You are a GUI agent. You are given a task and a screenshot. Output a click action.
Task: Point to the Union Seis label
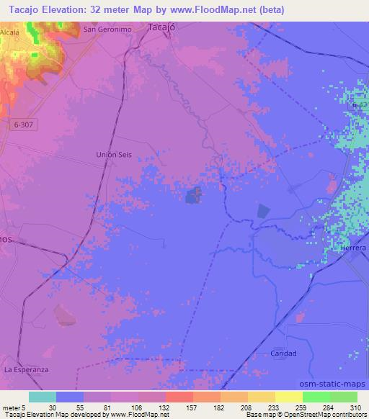[x=114, y=155]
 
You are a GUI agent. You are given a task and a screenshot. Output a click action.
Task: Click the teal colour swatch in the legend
[x=42, y=397]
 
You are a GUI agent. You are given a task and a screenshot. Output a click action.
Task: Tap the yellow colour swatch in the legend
[x=288, y=397]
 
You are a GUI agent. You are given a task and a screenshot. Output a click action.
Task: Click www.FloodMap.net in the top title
[x=216, y=9]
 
